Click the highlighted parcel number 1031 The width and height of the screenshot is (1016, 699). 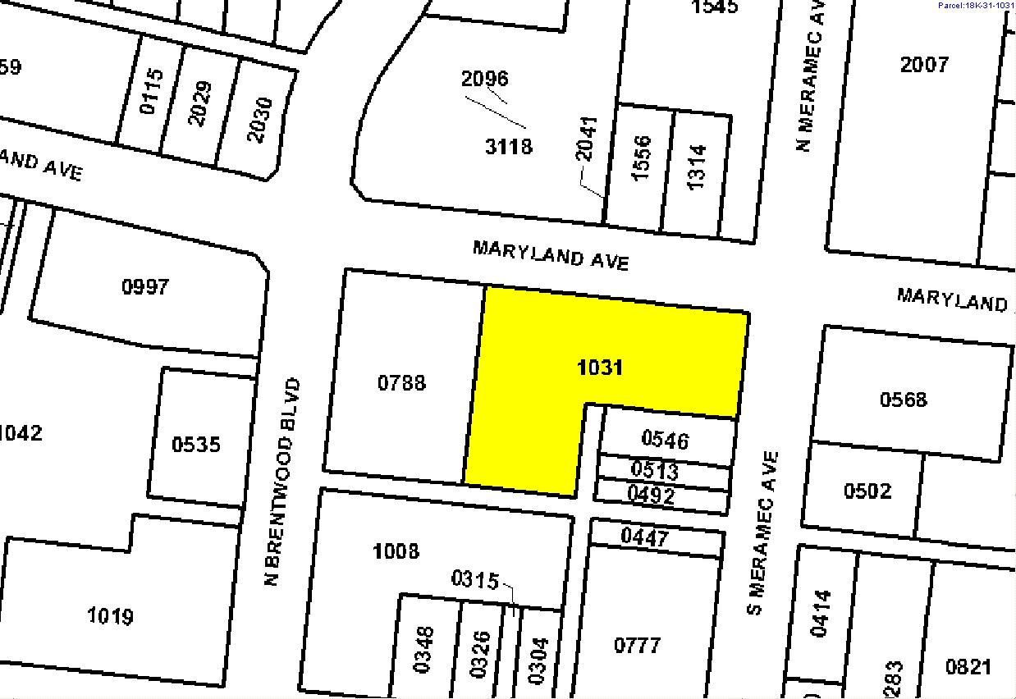(x=600, y=367)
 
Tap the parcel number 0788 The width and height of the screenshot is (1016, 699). (x=401, y=382)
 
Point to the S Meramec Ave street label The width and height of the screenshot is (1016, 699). (x=762, y=532)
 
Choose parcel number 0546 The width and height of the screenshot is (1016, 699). (x=665, y=441)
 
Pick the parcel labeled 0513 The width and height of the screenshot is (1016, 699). (x=655, y=470)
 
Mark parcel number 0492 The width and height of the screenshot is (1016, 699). (x=651, y=495)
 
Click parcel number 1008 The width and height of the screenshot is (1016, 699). (x=396, y=551)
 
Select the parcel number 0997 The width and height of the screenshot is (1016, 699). (x=144, y=286)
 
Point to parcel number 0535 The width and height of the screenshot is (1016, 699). (x=196, y=444)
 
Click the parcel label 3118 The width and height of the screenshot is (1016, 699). (x=509, y=146)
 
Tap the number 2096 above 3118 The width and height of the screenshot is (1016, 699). (x=484, y=79)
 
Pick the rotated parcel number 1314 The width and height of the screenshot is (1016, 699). (x=697, y=167)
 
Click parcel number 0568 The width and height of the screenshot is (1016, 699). (x=903, y=400)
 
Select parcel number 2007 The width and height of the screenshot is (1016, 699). (x=924, y=64)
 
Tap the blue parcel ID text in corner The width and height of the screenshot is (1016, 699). (x=975, y=5)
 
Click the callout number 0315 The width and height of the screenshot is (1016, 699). (x=474, y=580)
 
